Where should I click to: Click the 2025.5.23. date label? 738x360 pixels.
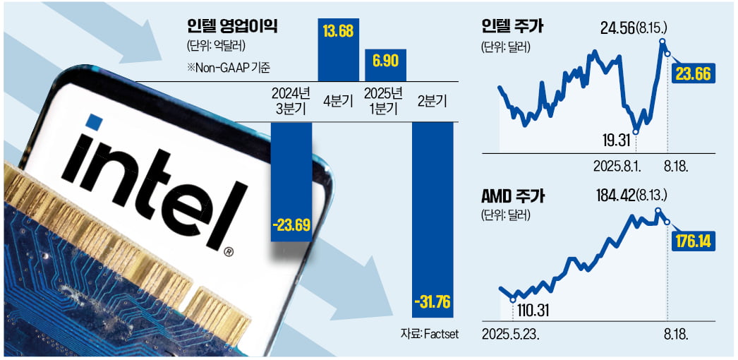(x=511, y=332)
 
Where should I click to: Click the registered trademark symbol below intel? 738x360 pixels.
(x=228, y=250)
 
